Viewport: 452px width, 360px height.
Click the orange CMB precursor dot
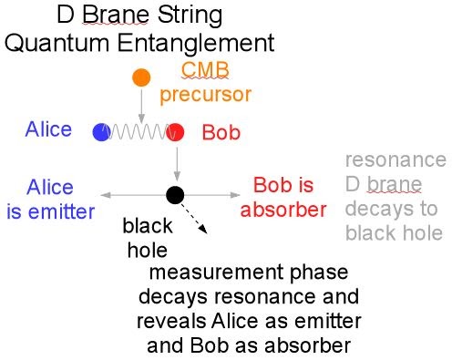(140, 77)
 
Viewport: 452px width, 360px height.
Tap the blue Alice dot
(101, 132)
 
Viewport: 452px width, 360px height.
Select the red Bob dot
(176, 132)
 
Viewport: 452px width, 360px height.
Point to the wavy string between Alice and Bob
(139, 132)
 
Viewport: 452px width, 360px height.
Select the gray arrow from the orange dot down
(140, 105)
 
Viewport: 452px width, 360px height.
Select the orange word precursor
(205, 94)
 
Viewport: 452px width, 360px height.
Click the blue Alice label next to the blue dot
(48, 129)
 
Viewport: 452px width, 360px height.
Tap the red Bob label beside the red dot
(221, 132)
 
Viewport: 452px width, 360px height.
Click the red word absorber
(289, 211)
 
